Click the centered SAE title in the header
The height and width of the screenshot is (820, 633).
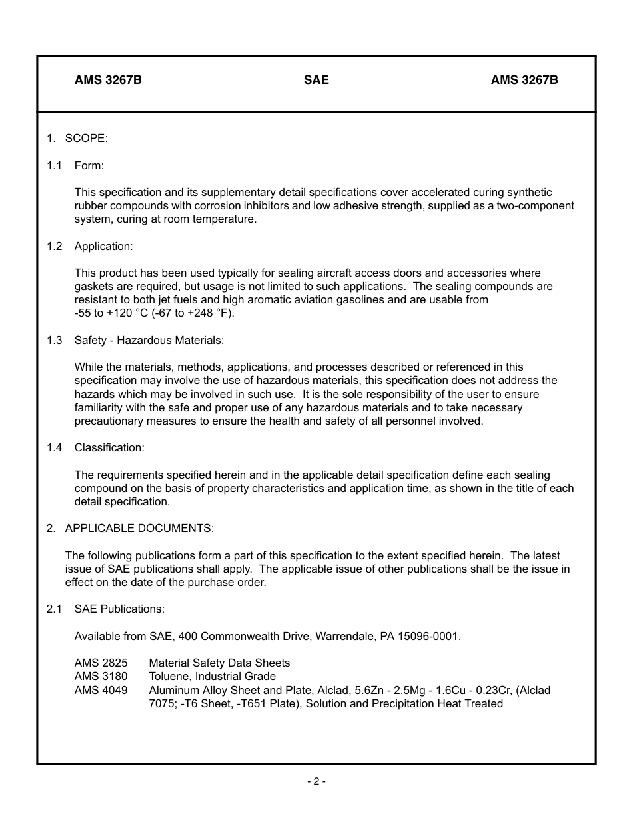(x=316, y=80)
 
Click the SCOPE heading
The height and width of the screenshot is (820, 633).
(x=86, y=138)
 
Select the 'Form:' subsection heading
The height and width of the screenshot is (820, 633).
(x=89, y=165)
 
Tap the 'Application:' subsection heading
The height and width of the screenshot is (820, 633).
(x=103, y=246)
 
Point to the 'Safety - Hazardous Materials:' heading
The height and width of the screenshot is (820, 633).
(x=149, y=340)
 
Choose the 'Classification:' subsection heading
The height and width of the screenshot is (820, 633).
(x=109, y=447)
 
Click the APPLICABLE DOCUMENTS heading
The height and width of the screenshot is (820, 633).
(x=139, y=528)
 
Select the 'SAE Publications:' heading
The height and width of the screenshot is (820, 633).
(x=119, y=609)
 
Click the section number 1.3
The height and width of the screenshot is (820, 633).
(x=54, y=340)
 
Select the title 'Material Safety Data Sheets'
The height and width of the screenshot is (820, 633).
(x=219, y=663)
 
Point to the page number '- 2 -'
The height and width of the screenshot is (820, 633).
(x=316, y=781)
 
